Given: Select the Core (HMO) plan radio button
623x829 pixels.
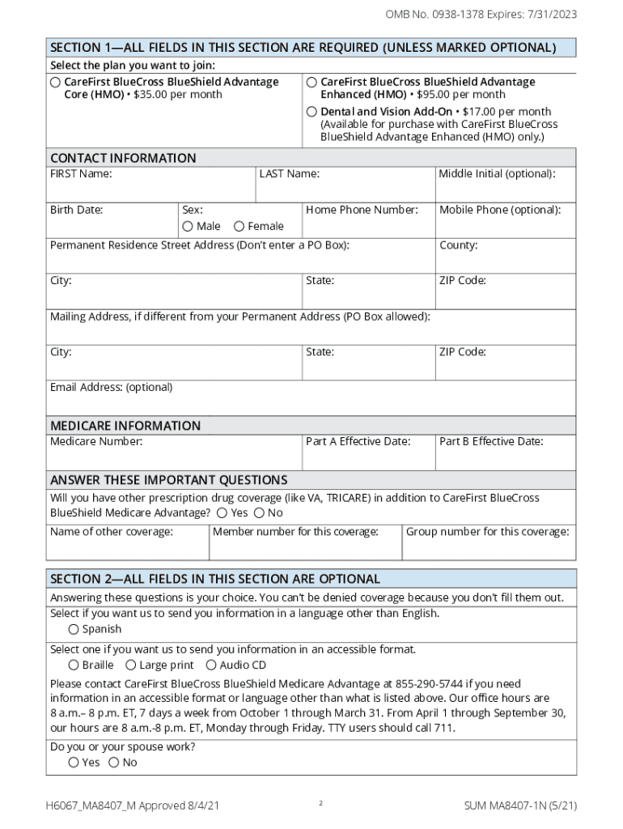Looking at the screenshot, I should coord(55,82).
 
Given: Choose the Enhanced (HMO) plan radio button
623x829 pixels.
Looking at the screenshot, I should coord(311,82).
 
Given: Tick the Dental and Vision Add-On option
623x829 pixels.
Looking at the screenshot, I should coord(311,112).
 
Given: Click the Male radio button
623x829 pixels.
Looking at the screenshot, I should coord(188,227).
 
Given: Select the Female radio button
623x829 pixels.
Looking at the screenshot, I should coord(239,227).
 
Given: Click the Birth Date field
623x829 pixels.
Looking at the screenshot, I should coord(112,227).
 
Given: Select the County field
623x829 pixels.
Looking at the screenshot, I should coord(506,261).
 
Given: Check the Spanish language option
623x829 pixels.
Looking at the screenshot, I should coord(74,629).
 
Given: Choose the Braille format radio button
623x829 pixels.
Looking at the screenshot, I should coord(74,665).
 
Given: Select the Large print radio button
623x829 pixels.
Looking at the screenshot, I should coord(131,665).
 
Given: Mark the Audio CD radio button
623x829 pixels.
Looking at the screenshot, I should coord(211,665).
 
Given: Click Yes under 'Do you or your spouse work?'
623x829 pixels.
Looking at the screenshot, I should coord(74,763).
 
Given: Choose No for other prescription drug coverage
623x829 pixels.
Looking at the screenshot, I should coord(259,513).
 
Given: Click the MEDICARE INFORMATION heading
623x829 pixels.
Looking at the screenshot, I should coord(125,426).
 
